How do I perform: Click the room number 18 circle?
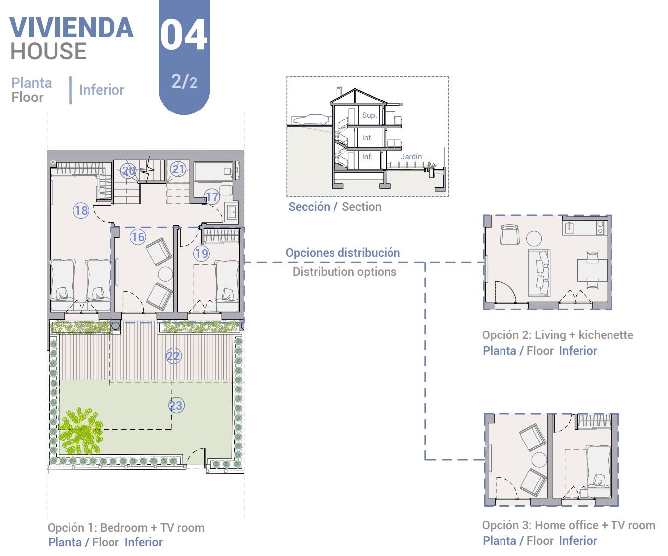coord(81,210)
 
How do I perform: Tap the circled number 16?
coord(138,237)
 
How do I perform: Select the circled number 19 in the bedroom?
coord(202,253)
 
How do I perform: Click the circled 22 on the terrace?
coord(174,356)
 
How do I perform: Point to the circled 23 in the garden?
coord(176,405)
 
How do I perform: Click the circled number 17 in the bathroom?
coord(212,197)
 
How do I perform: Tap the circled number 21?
coord(178,169)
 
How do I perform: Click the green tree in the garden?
coord(81,431)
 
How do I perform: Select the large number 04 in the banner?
coord(183,35)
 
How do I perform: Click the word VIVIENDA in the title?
coord(72,28)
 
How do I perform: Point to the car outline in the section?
coord(311,119)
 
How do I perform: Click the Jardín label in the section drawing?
coord(411,157)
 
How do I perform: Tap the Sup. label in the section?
coord(369,115)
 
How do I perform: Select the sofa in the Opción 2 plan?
coord(539,273)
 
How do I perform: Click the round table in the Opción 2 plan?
coord(534,239)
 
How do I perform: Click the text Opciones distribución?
coord(342,252)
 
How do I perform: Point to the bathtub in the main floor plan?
coord(214,172)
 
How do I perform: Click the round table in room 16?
coord(166,274)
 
